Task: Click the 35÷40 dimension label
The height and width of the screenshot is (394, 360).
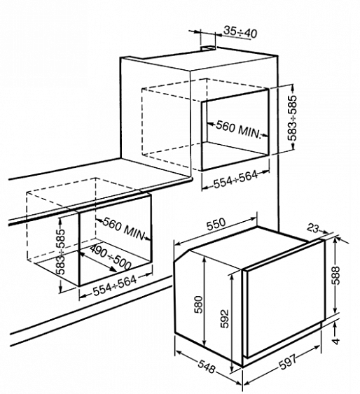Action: pos(240,32)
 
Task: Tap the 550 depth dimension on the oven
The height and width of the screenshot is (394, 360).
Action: pos(216,224)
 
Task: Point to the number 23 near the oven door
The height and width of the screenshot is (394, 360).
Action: pos(313,228)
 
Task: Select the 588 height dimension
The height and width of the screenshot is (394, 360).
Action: pos(335,276)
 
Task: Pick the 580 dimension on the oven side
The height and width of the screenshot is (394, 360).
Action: pos(199,304)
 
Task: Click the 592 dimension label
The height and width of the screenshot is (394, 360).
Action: pos(224,318)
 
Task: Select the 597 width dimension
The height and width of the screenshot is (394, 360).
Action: pos(288,362)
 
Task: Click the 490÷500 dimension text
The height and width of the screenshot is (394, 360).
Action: pos(111,257)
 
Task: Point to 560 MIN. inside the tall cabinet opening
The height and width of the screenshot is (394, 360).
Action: pos(238,130)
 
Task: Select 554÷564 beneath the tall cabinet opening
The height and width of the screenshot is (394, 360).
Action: pos(235,179)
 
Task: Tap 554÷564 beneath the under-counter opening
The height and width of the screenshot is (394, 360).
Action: pos(115,286)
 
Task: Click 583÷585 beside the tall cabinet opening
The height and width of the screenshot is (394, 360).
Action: pos(293,118)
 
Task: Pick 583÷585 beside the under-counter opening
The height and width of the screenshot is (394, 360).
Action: pos(60,251)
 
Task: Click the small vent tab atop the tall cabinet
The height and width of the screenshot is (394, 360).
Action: pos(207,48)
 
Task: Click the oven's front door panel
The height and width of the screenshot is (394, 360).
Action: pos(285,299)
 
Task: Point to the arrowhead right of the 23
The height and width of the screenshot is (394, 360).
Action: pos(325,232)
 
